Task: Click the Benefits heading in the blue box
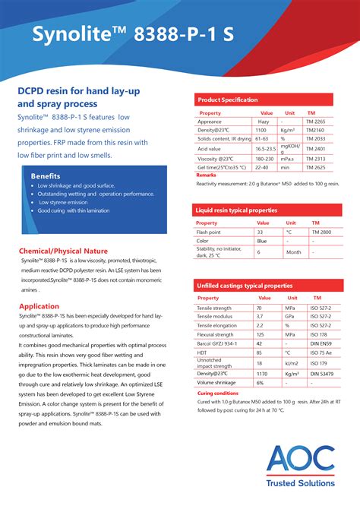coord(46,175)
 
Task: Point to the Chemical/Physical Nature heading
coord(63,251)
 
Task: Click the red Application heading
coord(39,306)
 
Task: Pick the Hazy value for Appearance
coord(264,122)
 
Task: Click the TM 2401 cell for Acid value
coord(315,148)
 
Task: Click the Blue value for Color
coord(261,241)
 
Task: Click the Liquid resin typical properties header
coord(236,209)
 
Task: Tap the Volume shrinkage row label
coord(216,382)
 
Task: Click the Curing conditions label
coord(218,394)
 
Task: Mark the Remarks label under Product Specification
coord(206,175)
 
